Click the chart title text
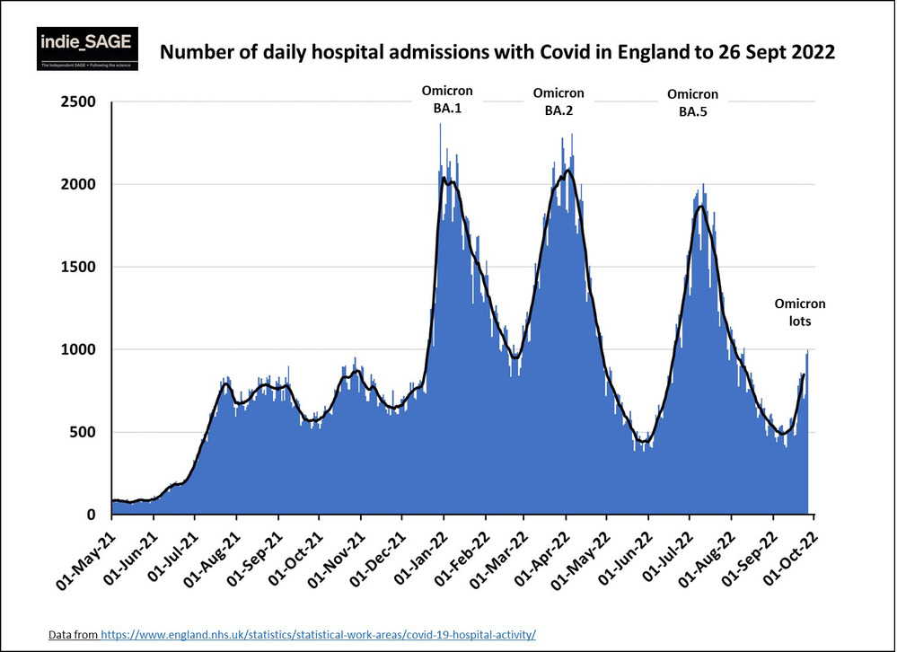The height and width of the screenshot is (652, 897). coord(497,53)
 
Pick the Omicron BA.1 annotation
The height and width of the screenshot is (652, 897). coord(447,99)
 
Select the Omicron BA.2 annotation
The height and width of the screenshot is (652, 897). coord(558,101)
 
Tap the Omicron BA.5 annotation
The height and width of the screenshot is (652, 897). coord(692,102)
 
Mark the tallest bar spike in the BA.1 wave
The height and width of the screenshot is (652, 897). coord(440,126)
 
